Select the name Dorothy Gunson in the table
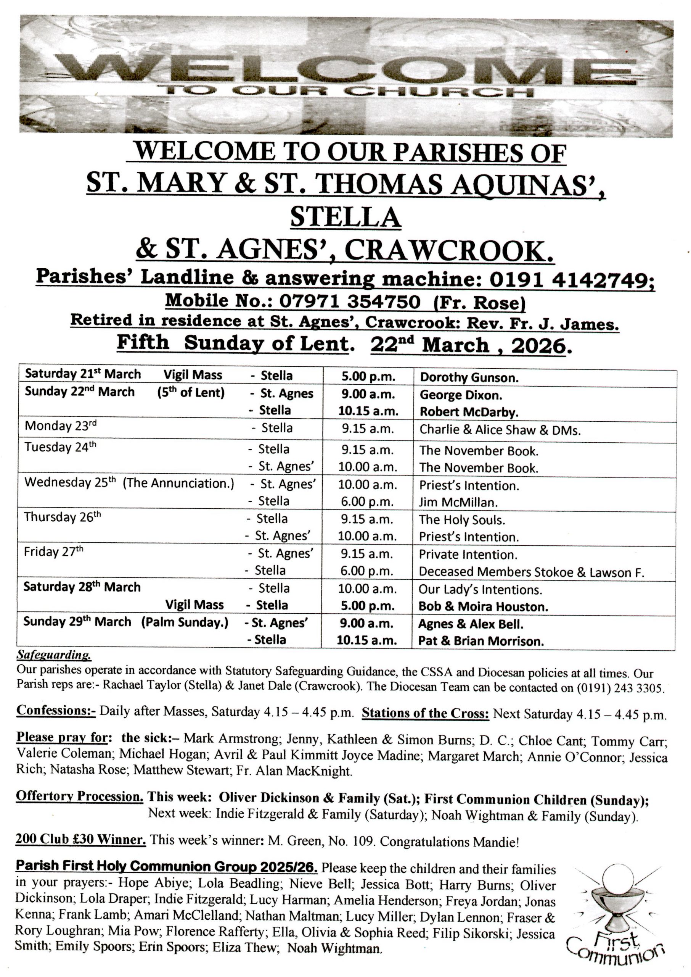coord(469,377)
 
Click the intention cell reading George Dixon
coord(460,395)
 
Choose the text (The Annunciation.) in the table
coord(178,483)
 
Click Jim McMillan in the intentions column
coord(458,502)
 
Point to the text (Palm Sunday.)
coord(185,622)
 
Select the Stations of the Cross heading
coord(425,714)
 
